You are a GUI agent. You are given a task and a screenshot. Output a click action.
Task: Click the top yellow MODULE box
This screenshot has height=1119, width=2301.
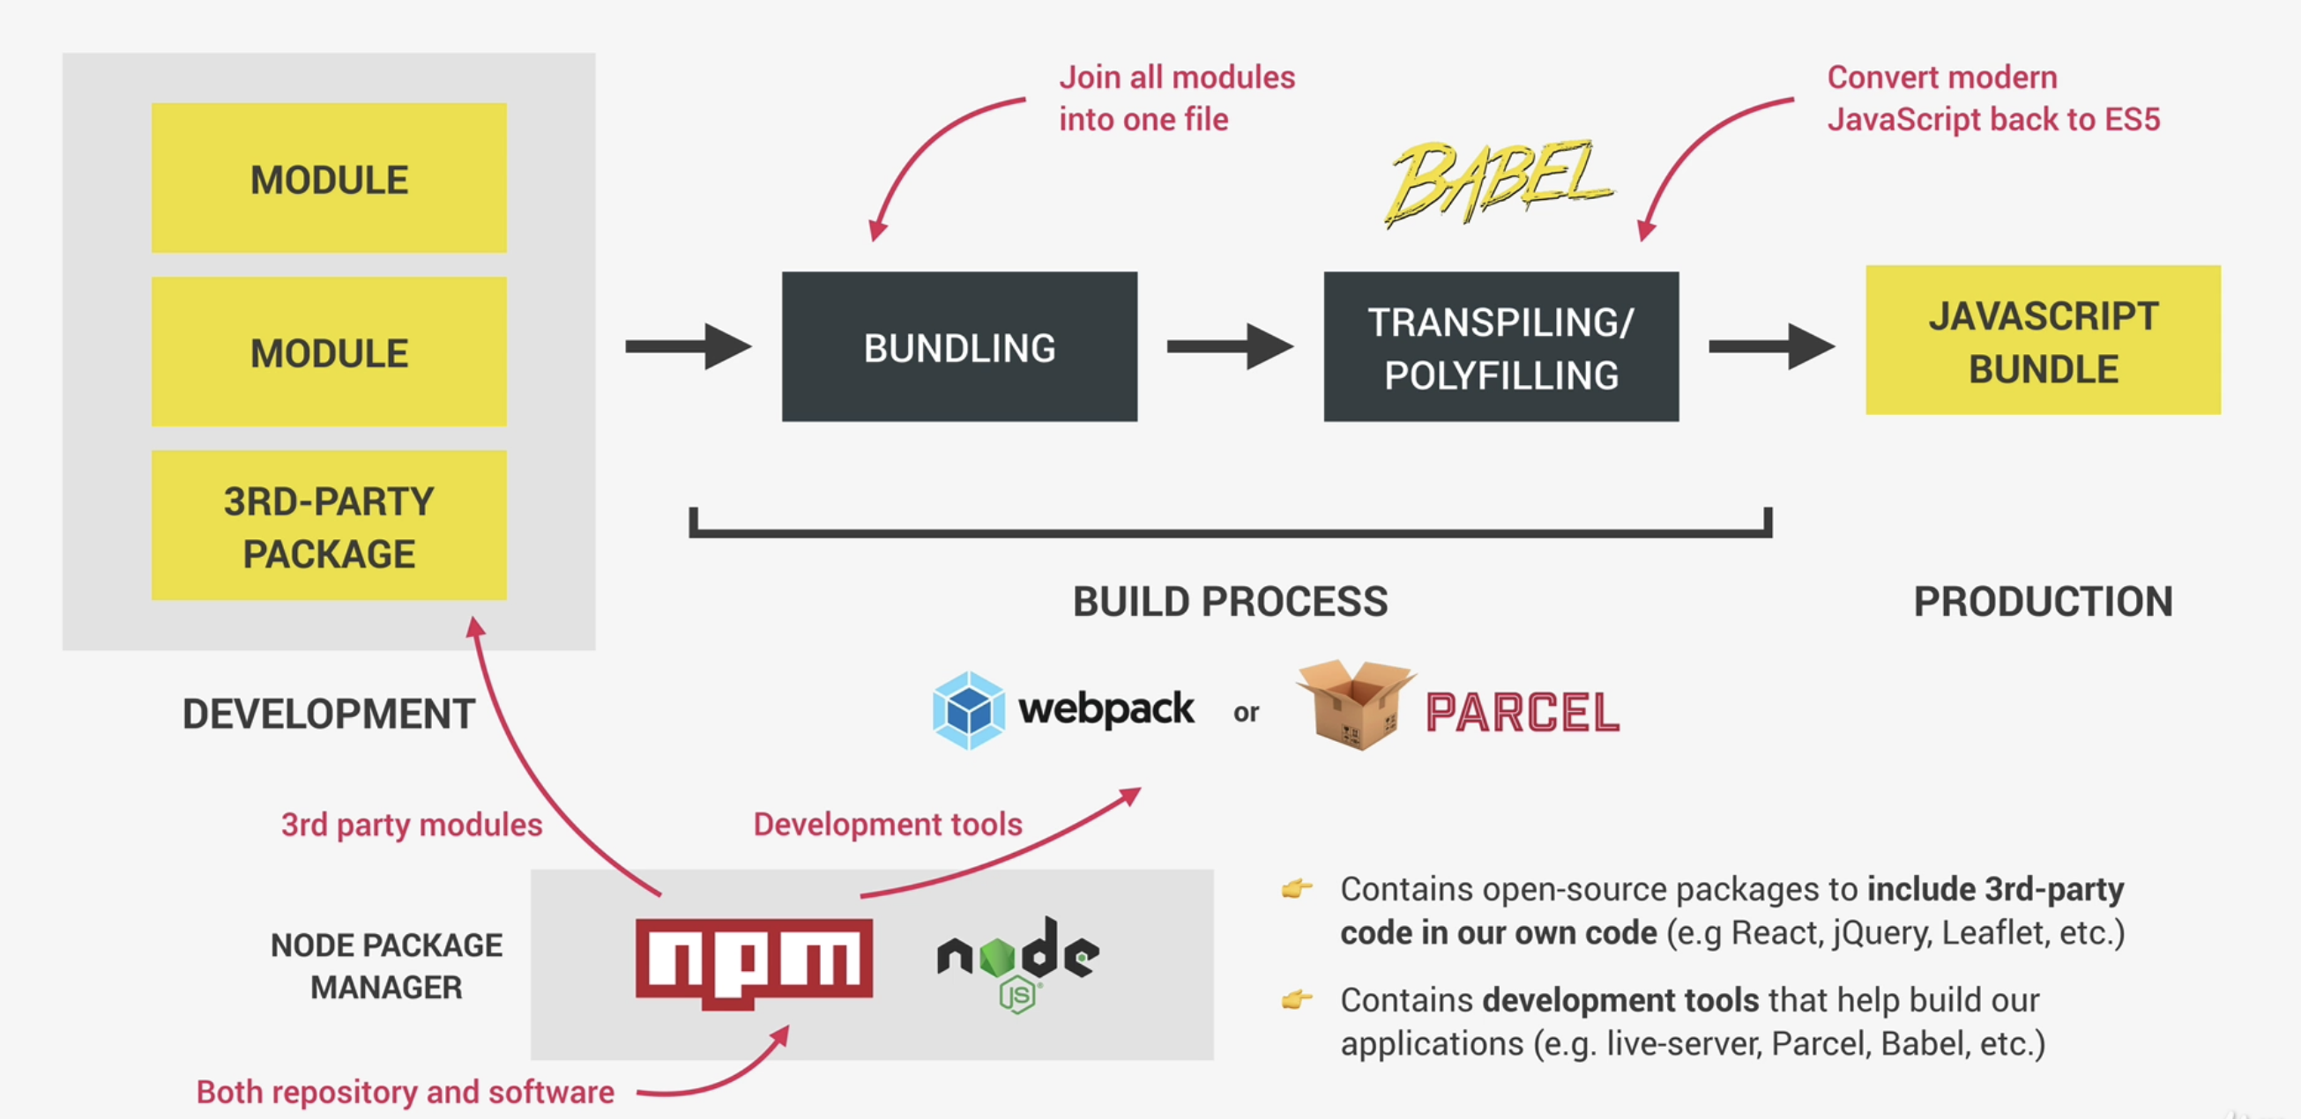click(x=329, y=178)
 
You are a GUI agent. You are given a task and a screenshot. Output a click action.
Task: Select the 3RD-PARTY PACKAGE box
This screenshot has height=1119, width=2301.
click(x=329, y=525)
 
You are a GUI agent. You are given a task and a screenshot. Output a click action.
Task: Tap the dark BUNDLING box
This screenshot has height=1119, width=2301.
click(x=959, y=346)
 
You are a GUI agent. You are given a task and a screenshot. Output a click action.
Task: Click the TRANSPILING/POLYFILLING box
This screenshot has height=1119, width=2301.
click(x=1500, y=346)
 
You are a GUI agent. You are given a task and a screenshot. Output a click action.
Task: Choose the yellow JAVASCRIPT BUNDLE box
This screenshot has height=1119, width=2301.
click(x=2043, y=339)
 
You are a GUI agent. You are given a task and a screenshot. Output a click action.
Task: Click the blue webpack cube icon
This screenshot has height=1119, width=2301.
click(x=968, y=710)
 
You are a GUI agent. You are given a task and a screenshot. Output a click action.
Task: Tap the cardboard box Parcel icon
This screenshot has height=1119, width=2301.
click(x=1356, y=706)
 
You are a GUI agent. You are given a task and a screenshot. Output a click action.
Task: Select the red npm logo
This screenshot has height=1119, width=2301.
click(x=754, y=962)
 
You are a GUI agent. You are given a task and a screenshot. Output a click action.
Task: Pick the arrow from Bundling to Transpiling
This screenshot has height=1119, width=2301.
click(x=1230, y=346)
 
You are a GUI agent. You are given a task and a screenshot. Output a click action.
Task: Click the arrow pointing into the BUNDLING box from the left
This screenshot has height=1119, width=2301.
click(x=688, y=346)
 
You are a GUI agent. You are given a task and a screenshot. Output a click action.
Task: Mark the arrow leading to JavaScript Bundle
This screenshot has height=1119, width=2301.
click(x=1772, y=346)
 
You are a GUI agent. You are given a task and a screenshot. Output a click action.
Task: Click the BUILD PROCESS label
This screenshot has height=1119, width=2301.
click(x=1230, y=602)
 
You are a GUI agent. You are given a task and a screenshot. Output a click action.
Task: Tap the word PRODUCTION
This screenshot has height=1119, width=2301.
click(x=2043, y=602)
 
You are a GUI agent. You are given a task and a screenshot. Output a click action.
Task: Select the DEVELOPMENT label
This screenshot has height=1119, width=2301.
click(x=329, y=715)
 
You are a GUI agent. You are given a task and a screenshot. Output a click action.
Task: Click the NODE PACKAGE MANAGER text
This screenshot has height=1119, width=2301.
click(x=386, y=967)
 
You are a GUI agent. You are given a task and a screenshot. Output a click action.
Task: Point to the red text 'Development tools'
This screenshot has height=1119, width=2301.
click(x=888, y=825)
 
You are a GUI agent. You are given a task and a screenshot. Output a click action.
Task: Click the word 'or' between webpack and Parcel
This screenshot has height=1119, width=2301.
click(x=1246, y=713)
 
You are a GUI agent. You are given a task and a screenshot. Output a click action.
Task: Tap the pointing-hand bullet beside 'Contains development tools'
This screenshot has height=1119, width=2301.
click(x=1297, y=998)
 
